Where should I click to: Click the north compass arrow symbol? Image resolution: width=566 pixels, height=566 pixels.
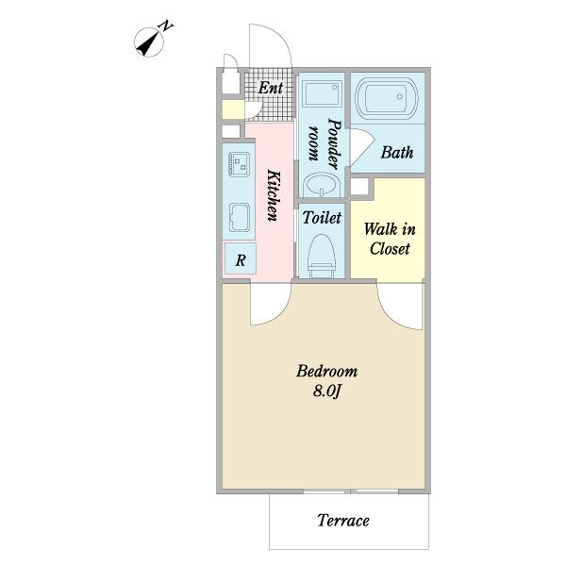point(149,42)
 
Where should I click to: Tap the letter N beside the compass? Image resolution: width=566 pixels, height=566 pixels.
point(166,26)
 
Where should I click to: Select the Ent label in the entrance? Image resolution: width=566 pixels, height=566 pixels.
point(271,88)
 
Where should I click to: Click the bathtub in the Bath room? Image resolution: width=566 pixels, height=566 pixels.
point(387,97)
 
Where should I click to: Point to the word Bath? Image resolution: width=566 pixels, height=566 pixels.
point(397,152)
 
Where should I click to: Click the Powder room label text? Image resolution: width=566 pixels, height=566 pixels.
point(325,143)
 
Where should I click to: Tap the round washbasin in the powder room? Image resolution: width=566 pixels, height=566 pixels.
point(322,185)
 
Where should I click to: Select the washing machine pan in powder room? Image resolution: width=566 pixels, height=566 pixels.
point(322,93)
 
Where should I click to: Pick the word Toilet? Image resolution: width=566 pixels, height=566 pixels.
point(322,218)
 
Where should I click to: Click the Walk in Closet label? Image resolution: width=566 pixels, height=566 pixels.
point(390,239)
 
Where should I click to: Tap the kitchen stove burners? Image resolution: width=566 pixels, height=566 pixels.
point(240,164)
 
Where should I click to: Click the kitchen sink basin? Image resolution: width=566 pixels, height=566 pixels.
point(239,217)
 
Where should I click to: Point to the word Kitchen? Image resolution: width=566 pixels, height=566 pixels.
point(274,195)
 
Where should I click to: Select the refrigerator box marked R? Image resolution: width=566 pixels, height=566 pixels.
point(241,258)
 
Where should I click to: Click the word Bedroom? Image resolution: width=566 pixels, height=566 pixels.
point(326,371)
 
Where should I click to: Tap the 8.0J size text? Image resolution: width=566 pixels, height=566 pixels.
point(326,391)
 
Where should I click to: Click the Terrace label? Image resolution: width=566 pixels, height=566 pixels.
point(343,521)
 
